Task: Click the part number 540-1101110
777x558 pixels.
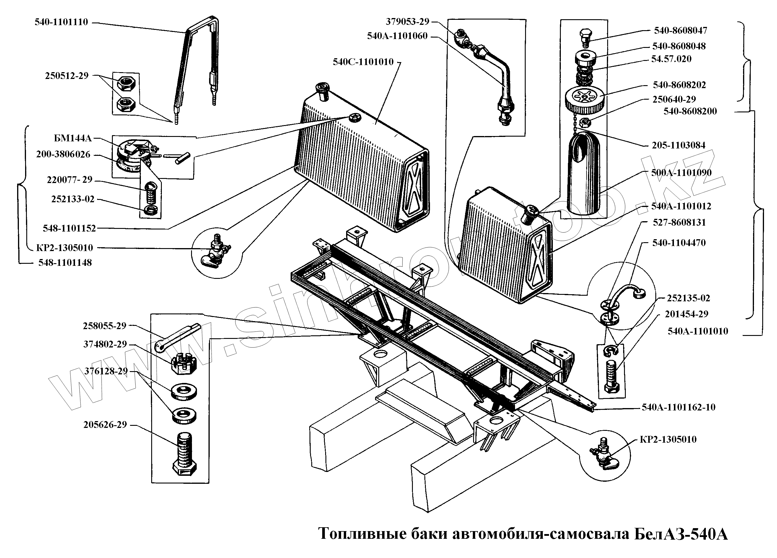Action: (x=61, y=22)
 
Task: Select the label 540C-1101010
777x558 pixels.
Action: (x=363, y=62)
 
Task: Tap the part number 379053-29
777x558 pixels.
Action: (x=407, y=22)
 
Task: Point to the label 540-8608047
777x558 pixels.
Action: (x=680, y=30)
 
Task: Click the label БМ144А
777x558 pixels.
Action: (x=73, y=138)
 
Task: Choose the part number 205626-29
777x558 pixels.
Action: (x=105, y=425)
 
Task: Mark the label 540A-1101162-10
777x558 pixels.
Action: (x=679, y=407)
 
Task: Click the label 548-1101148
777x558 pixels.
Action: (x=65, y=263)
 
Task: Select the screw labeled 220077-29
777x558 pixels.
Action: (x=150, y=193)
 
